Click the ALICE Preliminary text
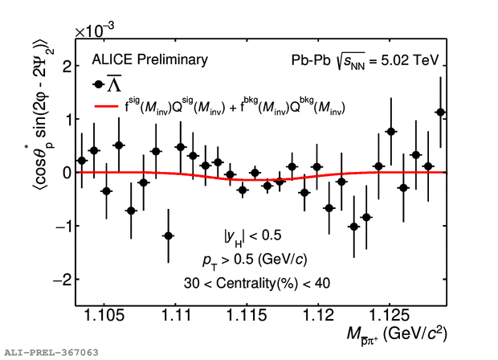pos(150,59)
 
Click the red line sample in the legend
pos(108,106)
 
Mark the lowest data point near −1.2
pos(168,235)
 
